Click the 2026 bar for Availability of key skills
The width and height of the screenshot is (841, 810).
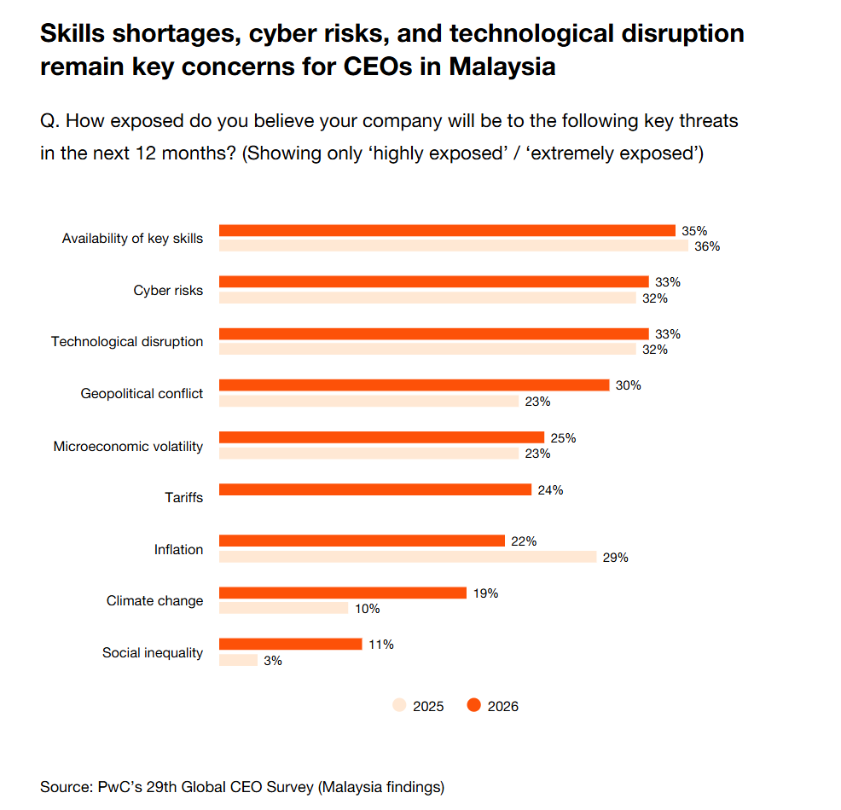point(447,230)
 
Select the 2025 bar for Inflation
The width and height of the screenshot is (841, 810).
point(408,557)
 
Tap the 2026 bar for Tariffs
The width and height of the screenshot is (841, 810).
point(375,489)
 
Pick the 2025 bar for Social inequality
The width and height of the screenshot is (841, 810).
point(238,660)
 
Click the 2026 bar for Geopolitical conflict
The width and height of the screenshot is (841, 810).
point(414,385)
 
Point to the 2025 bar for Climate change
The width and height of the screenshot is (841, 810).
point(283,608)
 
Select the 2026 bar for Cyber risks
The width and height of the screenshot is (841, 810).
point(433,281)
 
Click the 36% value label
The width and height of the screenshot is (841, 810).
point(707,246)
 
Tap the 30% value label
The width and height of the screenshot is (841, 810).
point(628,385)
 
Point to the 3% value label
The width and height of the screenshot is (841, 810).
point(273,660)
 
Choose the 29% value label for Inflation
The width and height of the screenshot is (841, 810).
point(615,558)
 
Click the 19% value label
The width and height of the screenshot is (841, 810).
point(485,593)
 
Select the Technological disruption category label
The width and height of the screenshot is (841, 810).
point(127,341)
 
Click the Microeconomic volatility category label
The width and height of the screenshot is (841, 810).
point(128,446)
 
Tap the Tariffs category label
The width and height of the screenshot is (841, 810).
point(183,496)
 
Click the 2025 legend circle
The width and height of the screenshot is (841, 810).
point(399,705)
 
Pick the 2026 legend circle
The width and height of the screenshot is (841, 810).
point(473,705)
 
